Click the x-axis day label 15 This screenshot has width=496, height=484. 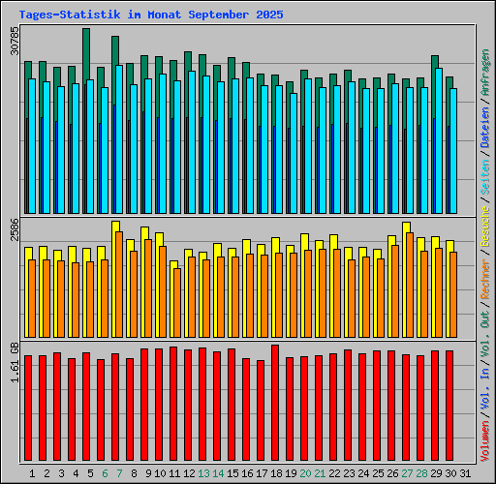pyautogui.click(x=233, y=473)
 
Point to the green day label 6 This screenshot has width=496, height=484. pyautogui.click(x=104, y=473)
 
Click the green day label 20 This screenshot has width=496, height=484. pyautogui.click(x=305, y=473)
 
